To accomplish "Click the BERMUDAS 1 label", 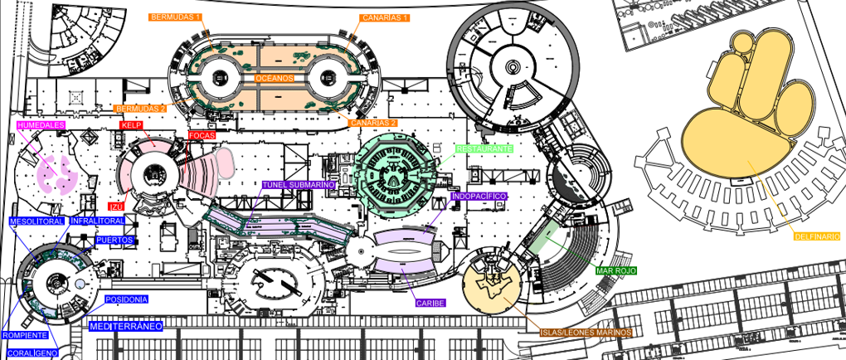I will tap(175, 17).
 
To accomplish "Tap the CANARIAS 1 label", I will tap(385, 17).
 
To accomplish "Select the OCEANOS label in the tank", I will tap(275, 78).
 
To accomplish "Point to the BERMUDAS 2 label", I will tap(141, 109).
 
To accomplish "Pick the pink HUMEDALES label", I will tap(40, 124).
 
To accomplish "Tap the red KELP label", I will tap(132, 125).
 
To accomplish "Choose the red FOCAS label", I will tap(203, 134).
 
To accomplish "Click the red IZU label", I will tap(116, 206).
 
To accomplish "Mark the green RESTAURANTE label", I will tap(484, 148).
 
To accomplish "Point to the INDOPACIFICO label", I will tap(479, 197).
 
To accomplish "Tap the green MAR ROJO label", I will tap(615, 270).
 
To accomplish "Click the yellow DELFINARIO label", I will tap(817, 236).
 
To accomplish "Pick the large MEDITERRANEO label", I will tap(125, 327).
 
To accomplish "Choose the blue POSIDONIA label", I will tap(127, 299).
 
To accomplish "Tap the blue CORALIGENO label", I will tap(34, 353).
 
